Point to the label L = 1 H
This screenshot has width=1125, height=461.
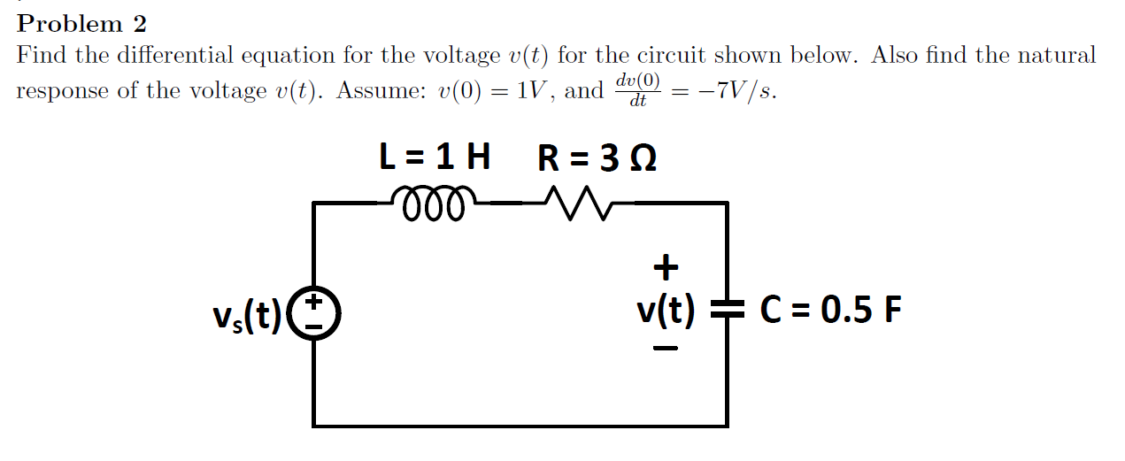(x=434, y=158)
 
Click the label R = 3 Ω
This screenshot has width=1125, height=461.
(x=597, y=158)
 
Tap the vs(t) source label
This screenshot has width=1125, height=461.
(x=247, y=313)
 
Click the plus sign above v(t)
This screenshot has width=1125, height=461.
(x=665, y=266)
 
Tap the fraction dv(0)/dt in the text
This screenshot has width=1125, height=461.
(x=637, y=90)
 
